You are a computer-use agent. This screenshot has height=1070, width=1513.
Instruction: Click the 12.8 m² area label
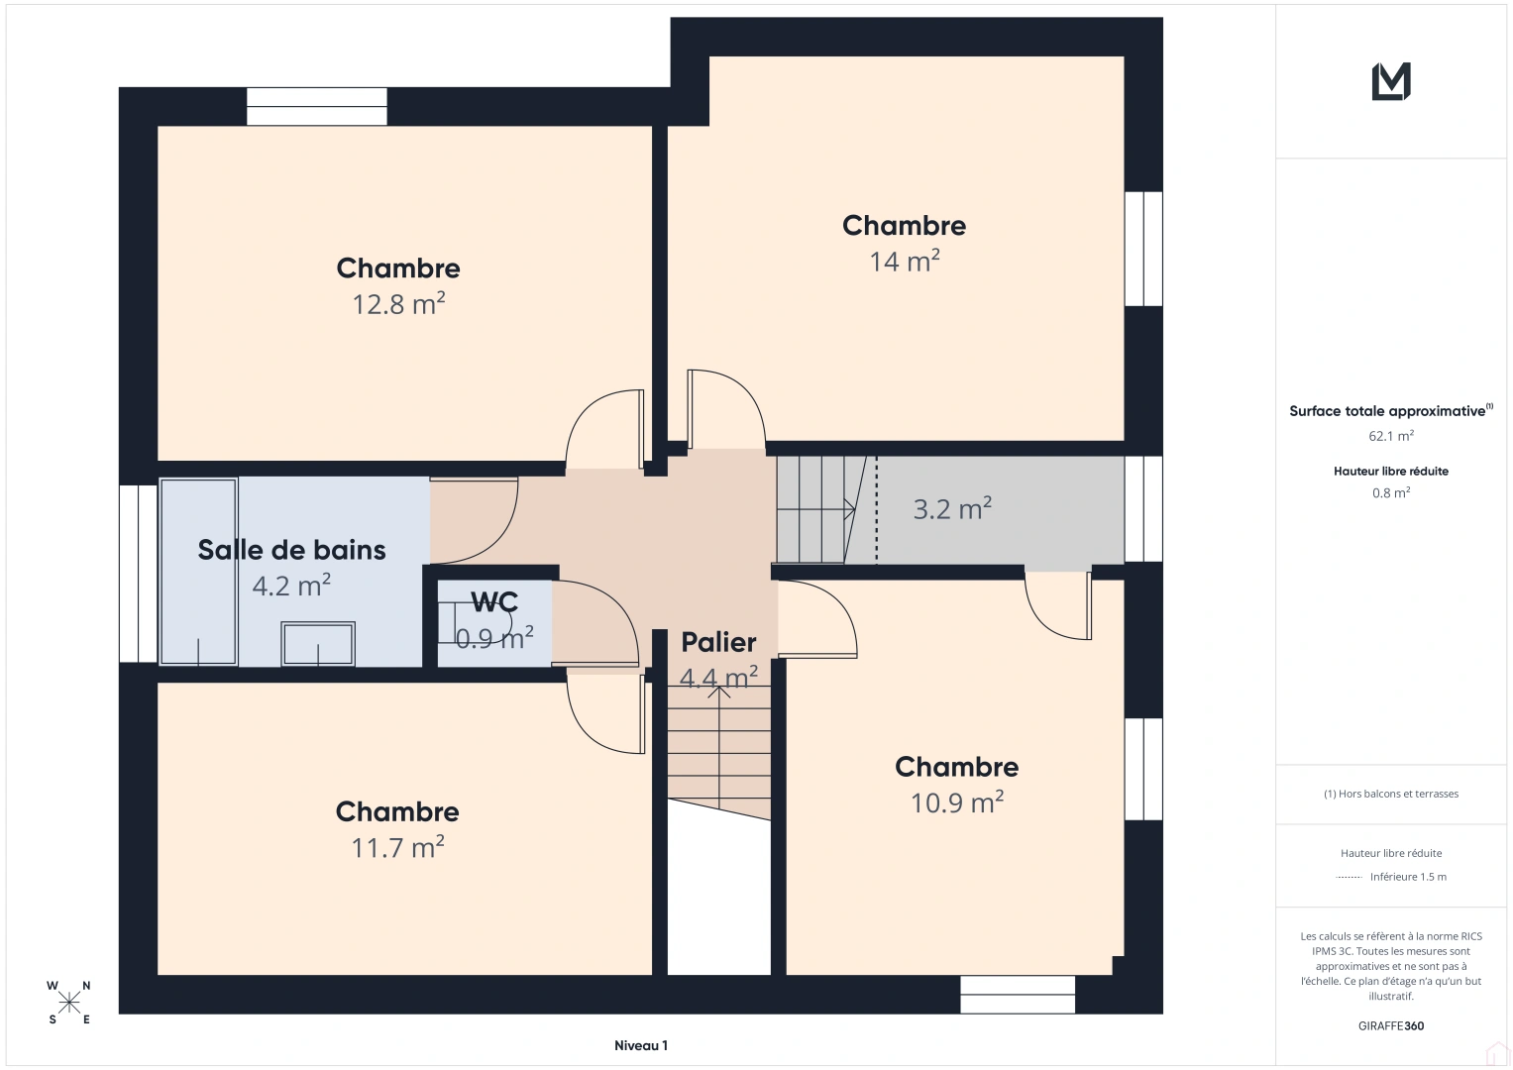(x=398, y=304)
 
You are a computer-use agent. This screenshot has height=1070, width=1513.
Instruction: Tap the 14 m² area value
(x=904, y=262)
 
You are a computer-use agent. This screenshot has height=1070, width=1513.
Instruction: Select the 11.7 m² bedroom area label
(x=397, y=848)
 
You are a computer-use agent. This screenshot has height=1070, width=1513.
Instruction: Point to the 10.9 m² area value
(x=956, y=802)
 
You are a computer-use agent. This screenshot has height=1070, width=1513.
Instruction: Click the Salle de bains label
(x=291, y=550)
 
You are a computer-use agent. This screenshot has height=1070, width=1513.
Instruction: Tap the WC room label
(x=494, y=602)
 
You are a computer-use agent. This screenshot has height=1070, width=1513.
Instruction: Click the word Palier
(x=718, y=642)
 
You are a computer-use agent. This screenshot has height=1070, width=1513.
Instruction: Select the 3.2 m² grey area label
(x=951, y=509)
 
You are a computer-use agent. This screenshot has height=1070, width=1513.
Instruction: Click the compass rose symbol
(x=69, y=1003)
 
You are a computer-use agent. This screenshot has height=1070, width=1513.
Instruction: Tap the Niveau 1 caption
(x=640, y=1045)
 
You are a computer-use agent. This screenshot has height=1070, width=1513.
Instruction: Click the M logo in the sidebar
(x=1390, y=82)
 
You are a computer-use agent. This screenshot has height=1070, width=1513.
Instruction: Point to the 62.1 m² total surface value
(x=1390, y=436)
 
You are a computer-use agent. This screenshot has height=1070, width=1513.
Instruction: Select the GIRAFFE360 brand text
(x=1390, y=1025)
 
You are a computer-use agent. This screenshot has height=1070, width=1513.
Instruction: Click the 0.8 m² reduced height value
(x=1390, y=492)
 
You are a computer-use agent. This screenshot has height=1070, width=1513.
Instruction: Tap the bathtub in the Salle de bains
(x=198, y=572)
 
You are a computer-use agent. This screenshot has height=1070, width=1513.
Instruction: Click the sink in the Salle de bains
(x=317, y=644)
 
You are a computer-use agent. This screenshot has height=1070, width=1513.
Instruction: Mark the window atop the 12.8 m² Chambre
(x=316, y=107)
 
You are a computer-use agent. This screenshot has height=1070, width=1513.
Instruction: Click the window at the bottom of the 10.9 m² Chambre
(x=1017, y=995)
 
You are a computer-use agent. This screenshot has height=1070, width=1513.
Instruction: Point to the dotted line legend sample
(x=1349, y=877)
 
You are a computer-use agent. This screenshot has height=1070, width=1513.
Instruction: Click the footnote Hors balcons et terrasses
(x=1390, y=794)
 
